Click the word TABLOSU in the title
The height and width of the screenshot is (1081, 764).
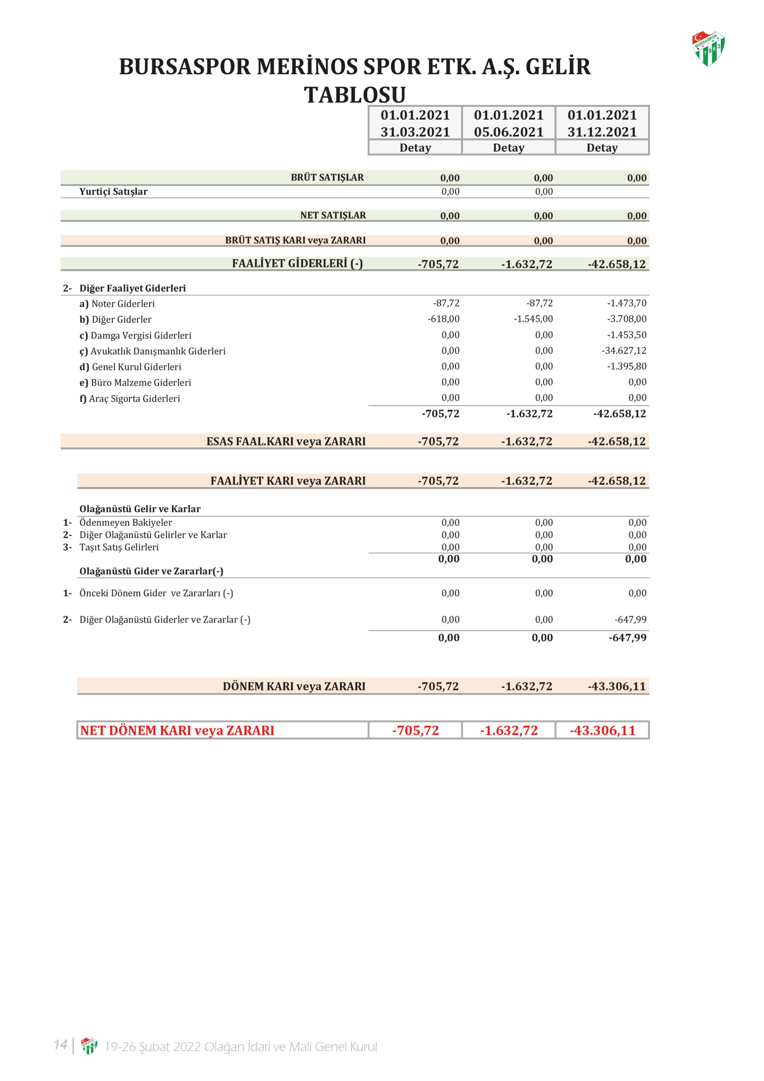[355, 95]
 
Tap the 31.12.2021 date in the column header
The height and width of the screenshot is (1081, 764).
[602, 132]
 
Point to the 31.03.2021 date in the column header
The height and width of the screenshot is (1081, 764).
[415, 132]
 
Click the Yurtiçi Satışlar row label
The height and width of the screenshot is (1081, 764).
[114, 192]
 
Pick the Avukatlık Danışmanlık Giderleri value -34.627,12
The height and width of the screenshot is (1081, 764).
[624, 351]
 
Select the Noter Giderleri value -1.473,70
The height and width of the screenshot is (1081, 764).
[626, 303]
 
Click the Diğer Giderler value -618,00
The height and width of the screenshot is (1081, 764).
[444, 319]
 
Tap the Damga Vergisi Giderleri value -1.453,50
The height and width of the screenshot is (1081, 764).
[626, 335]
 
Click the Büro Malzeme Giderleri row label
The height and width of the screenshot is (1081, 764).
[135, 383]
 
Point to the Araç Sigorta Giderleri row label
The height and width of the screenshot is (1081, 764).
[130, 399]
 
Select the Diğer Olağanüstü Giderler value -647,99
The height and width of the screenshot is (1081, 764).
[630, 619]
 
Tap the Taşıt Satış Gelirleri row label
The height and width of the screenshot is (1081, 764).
[119, 547]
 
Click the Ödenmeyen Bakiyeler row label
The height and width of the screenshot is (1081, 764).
[126, 523]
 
